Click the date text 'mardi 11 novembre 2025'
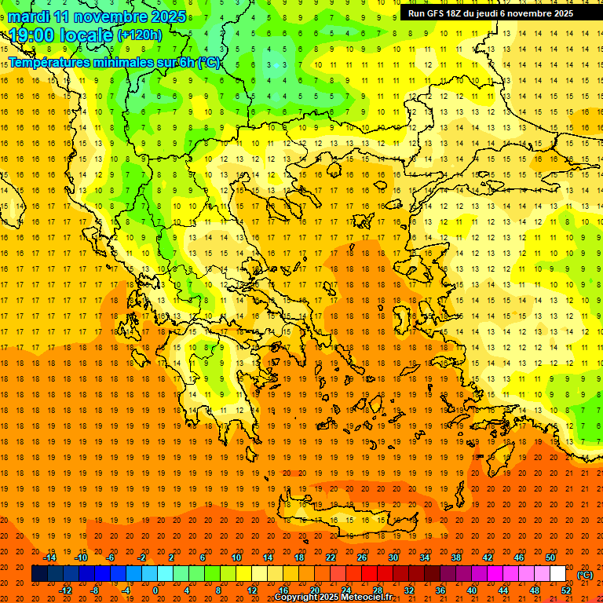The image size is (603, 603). [97, 16]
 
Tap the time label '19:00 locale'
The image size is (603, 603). [60, 35]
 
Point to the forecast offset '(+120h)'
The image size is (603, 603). [140, 35]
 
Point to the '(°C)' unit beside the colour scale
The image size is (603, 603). [585, 574]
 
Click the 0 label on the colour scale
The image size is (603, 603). [155, 590]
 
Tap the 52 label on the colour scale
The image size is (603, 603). [566, 590]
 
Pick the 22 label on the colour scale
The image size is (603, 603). [331, 557]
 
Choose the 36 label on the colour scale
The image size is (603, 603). [440, 590]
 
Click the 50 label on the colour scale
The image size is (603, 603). [550, 557]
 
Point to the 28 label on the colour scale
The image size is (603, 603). [378, 590]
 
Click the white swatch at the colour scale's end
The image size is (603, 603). [558, 574]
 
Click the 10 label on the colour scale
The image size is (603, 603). [236, 557]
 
